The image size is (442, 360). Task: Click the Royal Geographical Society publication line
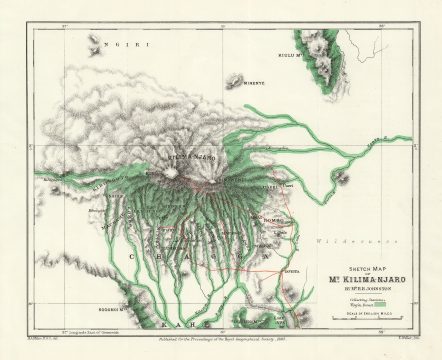(226, 343)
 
